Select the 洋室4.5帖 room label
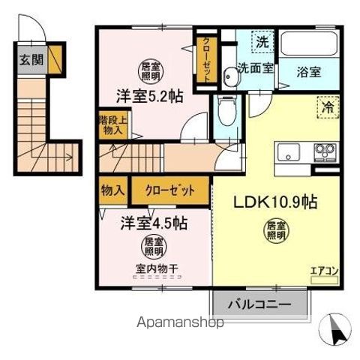(x=155, y=223)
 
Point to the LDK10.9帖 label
(x=268, y=202)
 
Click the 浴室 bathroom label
(x=308, y=73)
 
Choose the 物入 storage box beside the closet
(x=112, y=190)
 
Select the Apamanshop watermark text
(x=180, y=324)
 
